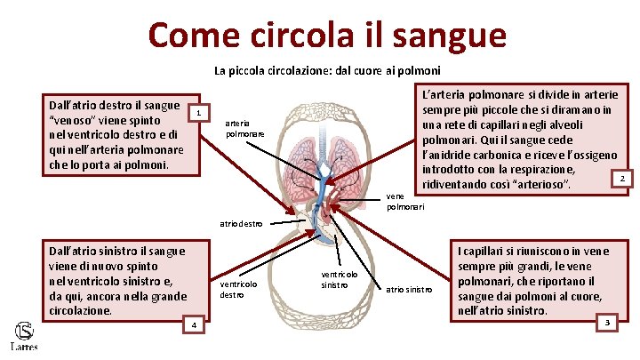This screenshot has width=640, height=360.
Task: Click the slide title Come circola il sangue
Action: [x=328, y=36]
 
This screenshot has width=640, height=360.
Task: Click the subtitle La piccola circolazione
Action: [x=328, y=70]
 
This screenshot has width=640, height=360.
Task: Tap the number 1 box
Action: [x=200, y=113]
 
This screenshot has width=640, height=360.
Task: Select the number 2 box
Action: [x=623, y=180]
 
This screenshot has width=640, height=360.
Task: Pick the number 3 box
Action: [x=608, y=321]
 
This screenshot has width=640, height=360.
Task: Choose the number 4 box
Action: [x=193, y=326]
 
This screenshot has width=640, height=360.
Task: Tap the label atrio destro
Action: [x=241, y=224]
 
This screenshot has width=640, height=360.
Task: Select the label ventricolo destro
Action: [x=237, y=289]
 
